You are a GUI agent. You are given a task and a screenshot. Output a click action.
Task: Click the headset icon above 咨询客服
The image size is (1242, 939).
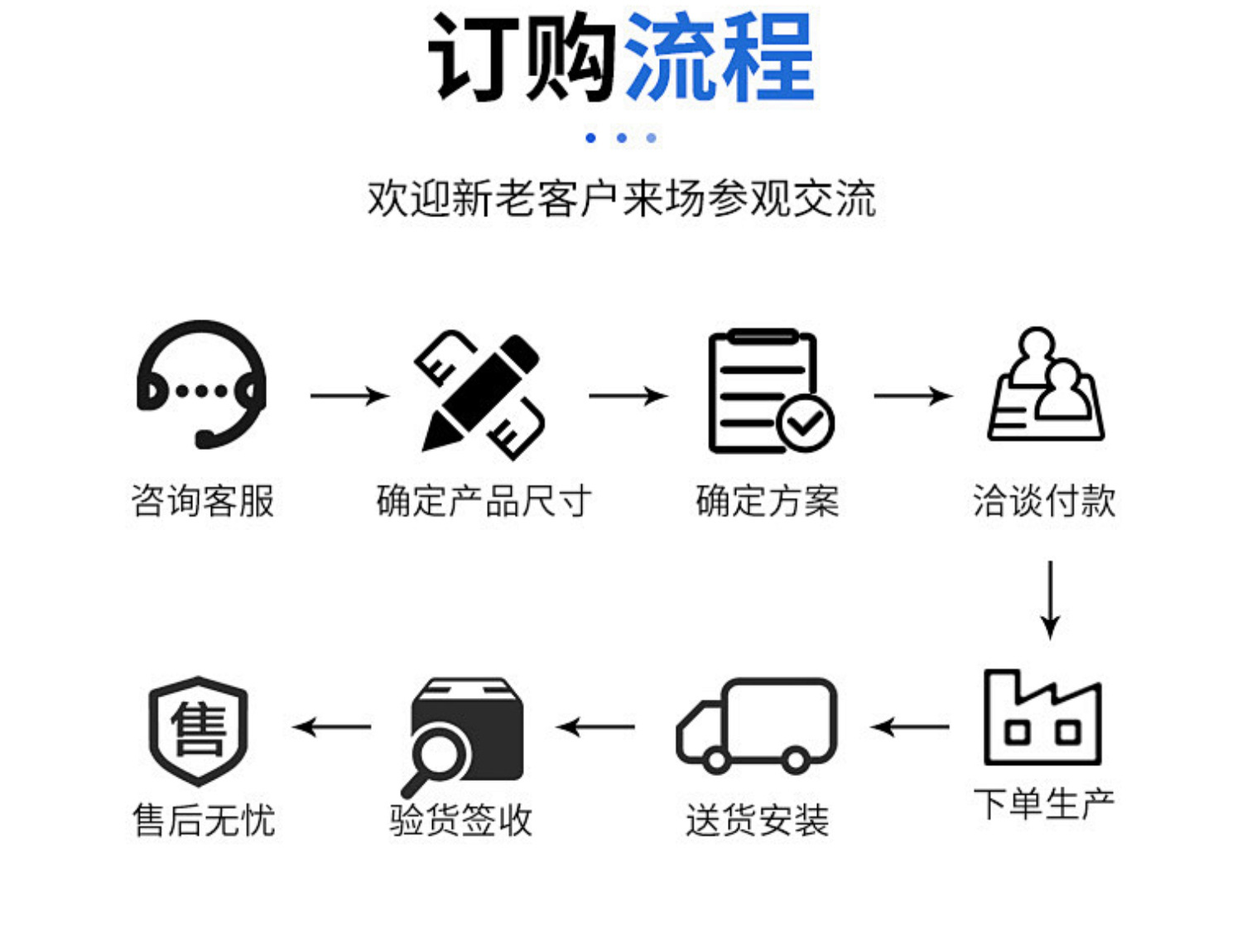tap(202, 385)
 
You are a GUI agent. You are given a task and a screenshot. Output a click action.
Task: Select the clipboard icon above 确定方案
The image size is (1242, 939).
tap(767, 391)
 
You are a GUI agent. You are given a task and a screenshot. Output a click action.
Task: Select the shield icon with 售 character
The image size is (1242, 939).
tap(199, 730)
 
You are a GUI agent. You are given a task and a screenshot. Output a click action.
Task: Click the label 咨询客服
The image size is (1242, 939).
tap(203, 501)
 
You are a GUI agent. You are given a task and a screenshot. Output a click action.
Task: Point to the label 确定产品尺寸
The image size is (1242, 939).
tap(484, 501)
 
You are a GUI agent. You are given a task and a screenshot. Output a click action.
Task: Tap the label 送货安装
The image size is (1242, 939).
tap(757, 821)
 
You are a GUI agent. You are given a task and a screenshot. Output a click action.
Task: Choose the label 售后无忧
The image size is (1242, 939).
tap(204, 821)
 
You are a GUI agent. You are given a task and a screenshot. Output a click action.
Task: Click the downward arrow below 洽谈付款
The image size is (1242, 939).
tap(1050, 600)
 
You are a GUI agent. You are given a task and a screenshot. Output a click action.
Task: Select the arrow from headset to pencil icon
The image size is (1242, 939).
tap(349, 397)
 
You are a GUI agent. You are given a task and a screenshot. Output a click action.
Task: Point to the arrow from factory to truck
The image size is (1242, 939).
tap(910, 727)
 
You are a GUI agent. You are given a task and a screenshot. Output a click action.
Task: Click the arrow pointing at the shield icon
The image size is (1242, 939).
tap(332, 727)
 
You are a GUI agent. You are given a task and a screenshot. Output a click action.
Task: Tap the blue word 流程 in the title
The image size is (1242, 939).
tap(719, 58)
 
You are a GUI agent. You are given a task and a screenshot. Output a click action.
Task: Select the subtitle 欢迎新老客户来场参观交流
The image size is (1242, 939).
tap(621, 199)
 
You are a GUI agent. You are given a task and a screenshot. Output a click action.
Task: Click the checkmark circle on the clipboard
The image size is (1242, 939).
tap(806, 423)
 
